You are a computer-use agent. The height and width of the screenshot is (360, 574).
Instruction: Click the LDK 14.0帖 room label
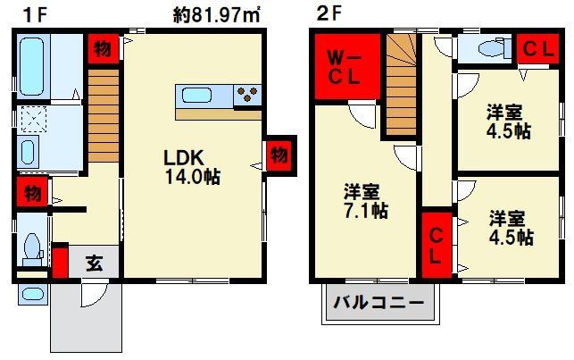(192, 167)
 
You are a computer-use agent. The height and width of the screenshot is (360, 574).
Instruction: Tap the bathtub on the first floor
(32, 67)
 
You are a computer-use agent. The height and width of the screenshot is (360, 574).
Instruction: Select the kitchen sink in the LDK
(197, 96)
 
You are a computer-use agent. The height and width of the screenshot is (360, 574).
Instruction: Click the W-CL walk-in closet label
(344, 67)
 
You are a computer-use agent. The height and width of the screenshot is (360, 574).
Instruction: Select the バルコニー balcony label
(379, 303)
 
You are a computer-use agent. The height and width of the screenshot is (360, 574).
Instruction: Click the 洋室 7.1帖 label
(365, 201)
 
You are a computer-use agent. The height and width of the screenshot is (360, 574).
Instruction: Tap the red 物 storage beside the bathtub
(103, 48)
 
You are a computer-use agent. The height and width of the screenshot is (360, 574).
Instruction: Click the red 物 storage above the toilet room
(32, 191)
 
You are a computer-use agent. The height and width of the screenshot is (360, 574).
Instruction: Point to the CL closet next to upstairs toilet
(537, 49)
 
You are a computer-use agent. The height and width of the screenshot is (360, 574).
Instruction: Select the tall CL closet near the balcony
(436, 245)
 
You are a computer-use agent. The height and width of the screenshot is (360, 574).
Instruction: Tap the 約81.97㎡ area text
(216, 16)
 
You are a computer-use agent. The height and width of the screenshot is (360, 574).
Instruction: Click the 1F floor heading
(36, 15)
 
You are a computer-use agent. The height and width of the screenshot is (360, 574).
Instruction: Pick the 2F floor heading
(329, 14)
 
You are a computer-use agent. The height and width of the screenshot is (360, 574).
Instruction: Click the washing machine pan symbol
(34, 119)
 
